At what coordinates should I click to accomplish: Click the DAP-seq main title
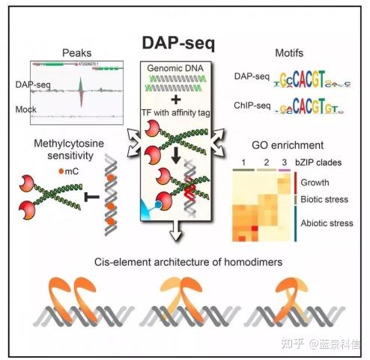click(x=179, y=44)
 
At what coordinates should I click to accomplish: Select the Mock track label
click(x=26, y=109)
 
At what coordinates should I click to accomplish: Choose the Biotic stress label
click(x=327, y=200)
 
